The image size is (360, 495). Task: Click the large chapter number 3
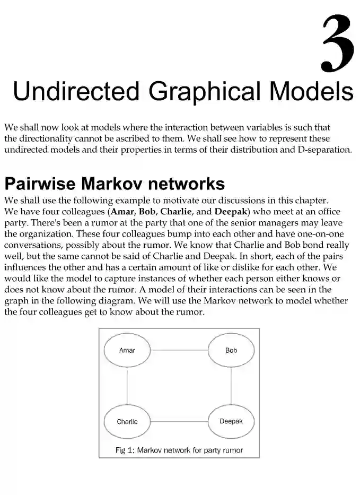pos(337,44)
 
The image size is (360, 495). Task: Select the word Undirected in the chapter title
pos(76,91)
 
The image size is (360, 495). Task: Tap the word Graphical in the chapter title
pos(204,91)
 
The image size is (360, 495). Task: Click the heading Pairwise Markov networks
pos(115,184)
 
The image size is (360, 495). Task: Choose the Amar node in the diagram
pos(127,351)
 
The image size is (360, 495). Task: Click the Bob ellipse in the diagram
pos(231,351)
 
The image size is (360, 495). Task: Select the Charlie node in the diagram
pos(127,422)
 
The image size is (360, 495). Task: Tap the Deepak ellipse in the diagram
pos(231,421)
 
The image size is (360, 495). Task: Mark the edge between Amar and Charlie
pos(127,386)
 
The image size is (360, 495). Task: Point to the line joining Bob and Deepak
pos(231,386)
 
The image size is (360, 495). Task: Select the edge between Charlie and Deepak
pos(179,422)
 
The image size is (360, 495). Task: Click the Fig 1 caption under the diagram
pos(179,450)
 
